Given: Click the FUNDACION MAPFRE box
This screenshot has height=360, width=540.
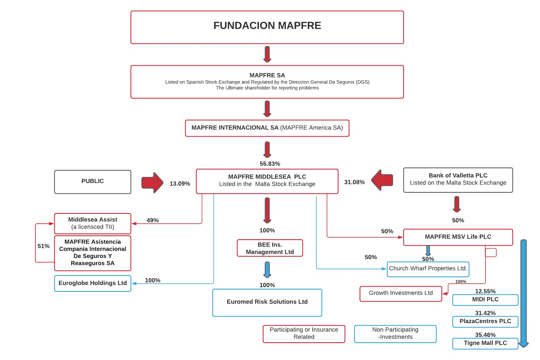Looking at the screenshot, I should [x=267, y=27].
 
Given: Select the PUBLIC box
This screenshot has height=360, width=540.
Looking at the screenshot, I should [x=92, y=182].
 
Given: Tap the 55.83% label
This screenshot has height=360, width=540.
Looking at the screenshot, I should [x=270, y=164].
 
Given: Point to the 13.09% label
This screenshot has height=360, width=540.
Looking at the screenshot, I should [x=180, y=184].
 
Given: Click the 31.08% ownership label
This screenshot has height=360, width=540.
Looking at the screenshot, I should [x=354, y=182].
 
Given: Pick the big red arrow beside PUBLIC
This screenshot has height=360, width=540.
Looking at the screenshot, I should [x=152, y=182].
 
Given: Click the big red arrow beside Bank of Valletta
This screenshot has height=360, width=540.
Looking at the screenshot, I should [x=382, y=180].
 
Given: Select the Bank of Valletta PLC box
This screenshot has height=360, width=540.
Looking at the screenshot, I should [x=458, y=180].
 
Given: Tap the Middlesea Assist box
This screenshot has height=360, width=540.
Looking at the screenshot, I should [x=92, y=223].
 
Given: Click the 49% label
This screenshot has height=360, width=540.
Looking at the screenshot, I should [x=152, y=220].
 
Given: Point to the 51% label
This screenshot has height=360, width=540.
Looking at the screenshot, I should [x=43, y=246].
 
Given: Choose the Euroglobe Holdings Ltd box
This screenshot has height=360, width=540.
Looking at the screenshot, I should [x=92, y=283].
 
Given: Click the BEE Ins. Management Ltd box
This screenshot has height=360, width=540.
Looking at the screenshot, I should [x=270, y=248].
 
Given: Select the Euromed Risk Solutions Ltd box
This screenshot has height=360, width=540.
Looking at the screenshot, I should [x=267, y=302].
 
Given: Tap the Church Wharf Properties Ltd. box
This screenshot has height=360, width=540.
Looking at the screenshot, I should [x=428, y=269].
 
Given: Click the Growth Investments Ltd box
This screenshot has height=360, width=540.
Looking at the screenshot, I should [x=401, y=293].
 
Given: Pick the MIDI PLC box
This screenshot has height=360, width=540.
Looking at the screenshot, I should [x=485, y=300].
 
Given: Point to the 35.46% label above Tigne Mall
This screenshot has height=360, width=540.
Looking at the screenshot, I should [x=485, y=335].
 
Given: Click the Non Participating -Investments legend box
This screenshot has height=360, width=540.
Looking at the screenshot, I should [x=395, y=334].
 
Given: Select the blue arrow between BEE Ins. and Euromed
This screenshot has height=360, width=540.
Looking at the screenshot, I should [x=267, y=269].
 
